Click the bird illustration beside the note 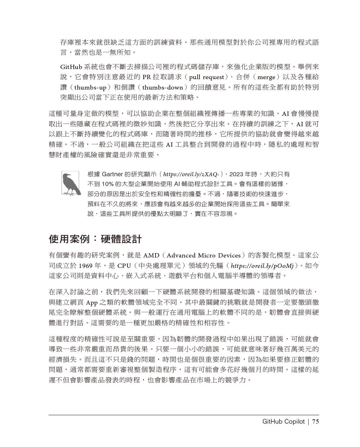(70, 183)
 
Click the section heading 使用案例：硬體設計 (95, 239)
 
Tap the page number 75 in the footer (315, 422)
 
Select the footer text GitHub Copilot (283, 422)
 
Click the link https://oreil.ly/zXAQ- (191, 174)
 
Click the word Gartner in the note (112, 174)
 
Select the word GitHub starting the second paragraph (71, 67)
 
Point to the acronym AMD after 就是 (151, 256)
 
